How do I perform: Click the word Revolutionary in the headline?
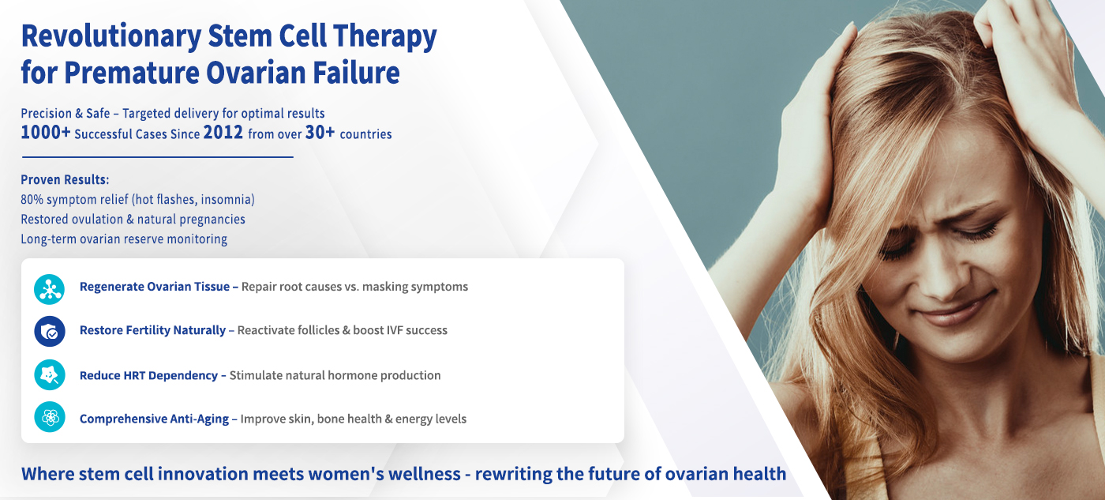click(x=111, y=37)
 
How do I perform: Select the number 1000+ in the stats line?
click(x=46, y=132)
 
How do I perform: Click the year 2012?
click(x=223, y=132)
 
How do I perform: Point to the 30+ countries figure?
click(x=320, y=132)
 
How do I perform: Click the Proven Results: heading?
click(x=65, y=179)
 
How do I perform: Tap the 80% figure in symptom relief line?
click(x=32, y=199)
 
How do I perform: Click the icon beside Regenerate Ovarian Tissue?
click(x=49, y=289)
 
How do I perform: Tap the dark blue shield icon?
click(x=49, y=331)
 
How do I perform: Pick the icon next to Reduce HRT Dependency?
click(x=49, y=375)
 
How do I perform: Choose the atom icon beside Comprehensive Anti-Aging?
click(x=49, y=417)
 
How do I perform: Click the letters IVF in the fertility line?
click(x=395, y=330)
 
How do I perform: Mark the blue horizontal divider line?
click(x=158, y=157)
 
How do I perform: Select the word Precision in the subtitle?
click(x=46, y=114)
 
